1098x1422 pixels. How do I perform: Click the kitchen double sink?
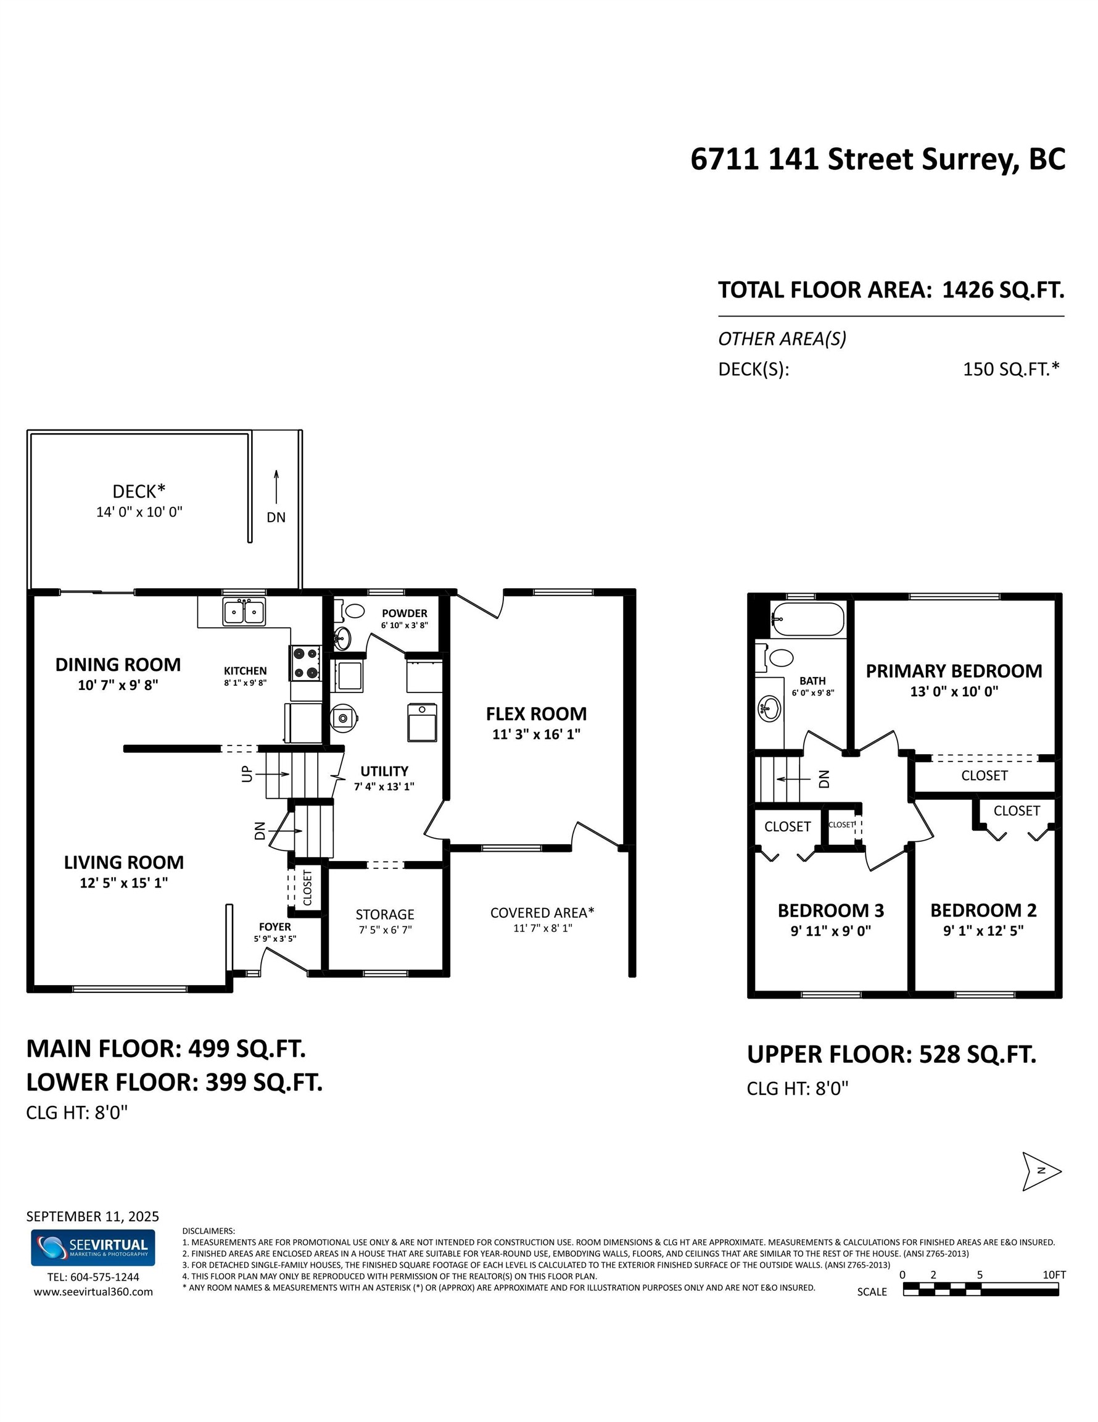(244, 612)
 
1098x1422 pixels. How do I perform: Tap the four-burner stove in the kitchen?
(305, 663)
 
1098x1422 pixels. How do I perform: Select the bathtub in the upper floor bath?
(807, 619)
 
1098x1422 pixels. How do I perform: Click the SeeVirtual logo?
(93, 1247)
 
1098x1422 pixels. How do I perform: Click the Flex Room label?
(535, 713)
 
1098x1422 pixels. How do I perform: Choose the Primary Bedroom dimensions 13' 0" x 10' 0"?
(954, 691)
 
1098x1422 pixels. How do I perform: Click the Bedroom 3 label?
(830, 910)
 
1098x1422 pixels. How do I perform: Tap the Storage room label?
(385, 914)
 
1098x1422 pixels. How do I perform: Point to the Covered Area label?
(542, 913)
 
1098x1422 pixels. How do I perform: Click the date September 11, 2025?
(93, 1216)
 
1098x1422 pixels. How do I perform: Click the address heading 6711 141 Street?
(877, 159)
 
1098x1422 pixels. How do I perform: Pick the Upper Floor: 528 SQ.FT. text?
(891, 1054)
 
